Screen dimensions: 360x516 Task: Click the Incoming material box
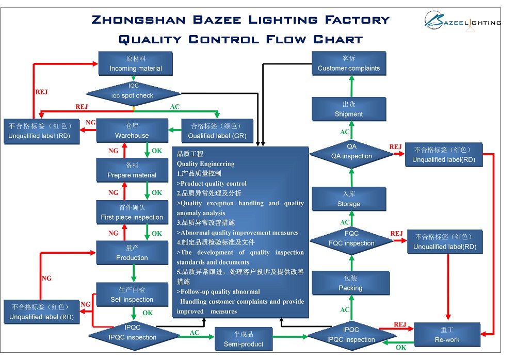pos(136,63)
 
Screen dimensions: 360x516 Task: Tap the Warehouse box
pos(132,130)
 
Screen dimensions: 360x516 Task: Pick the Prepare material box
pos(132,170)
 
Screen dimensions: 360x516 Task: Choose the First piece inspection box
pos(132,212)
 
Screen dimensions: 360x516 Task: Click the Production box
pos(132,253)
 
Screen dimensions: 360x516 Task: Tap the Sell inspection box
pos(132,294)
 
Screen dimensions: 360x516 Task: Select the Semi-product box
pos(244,339)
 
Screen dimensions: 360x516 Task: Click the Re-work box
pos(447,335)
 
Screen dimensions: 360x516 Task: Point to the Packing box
pos(350,283)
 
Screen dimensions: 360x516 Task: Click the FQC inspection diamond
pos(351,239)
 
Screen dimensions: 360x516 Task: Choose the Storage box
pos(349,199)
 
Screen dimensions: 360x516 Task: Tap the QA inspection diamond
pos(351,152)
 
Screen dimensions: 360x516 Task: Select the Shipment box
pos(349,109)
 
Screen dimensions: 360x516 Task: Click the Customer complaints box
pos(349,63)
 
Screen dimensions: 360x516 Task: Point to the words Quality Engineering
pos(205,164)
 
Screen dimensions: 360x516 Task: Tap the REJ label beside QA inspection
pos(395,147)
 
